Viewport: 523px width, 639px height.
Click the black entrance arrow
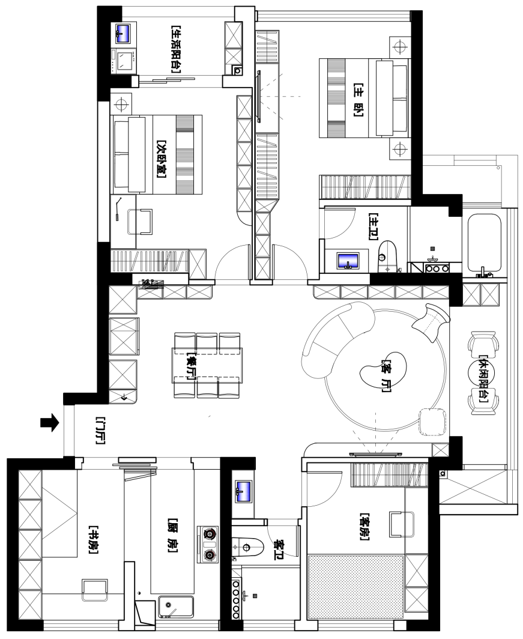(x=49, y=423)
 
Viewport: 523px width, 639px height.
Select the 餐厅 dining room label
(x=190, y=366)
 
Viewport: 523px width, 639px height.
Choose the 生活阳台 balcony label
(x=175, y=49)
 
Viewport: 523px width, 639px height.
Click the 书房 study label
(x=93, y=541)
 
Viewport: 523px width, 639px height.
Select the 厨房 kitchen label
(x=173, y=536)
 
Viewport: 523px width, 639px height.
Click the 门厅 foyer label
(x=100, y=430)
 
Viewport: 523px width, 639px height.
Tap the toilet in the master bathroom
(x=387, y=256)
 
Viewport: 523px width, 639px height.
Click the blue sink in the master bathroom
(x=348, y=261)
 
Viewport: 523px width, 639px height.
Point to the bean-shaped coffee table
(x=384, y=369)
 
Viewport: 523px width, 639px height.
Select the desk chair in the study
(x=95, y=590)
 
